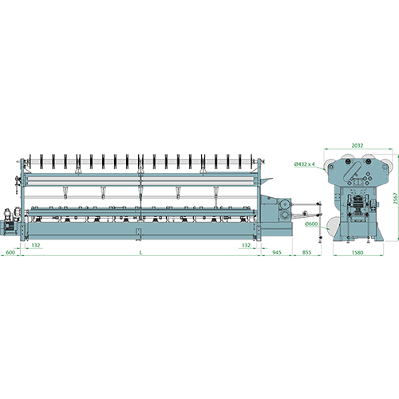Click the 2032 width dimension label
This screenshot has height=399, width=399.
click(358, 145)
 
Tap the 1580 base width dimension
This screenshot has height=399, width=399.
click(358, 252)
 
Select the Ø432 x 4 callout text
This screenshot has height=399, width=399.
click(305, 164)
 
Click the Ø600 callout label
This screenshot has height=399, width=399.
click(311, 223)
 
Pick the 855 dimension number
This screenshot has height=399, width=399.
click(306, 252)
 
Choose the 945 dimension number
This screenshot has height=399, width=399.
click(277, 252)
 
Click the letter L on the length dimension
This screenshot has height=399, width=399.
click(140, 252)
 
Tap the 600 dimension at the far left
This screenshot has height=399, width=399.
click(10, 252)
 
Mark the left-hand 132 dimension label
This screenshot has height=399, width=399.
click(36, 245)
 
